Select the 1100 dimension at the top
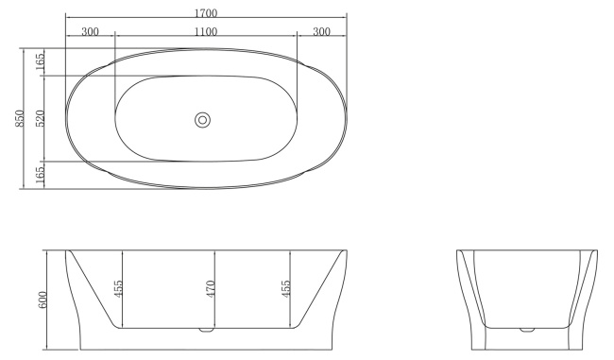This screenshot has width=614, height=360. (205, 32)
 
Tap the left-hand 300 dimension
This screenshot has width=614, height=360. (91, 32)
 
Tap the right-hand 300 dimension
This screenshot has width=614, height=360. (321, 32)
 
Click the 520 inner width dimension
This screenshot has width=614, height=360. (40, 118)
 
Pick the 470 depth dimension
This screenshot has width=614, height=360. (212, 289)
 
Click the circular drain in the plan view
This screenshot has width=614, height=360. (202, 119)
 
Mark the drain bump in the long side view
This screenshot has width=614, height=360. (204, 331)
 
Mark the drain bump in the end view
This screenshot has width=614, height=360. (526, 331)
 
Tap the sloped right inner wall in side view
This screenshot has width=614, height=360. (317, 289)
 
